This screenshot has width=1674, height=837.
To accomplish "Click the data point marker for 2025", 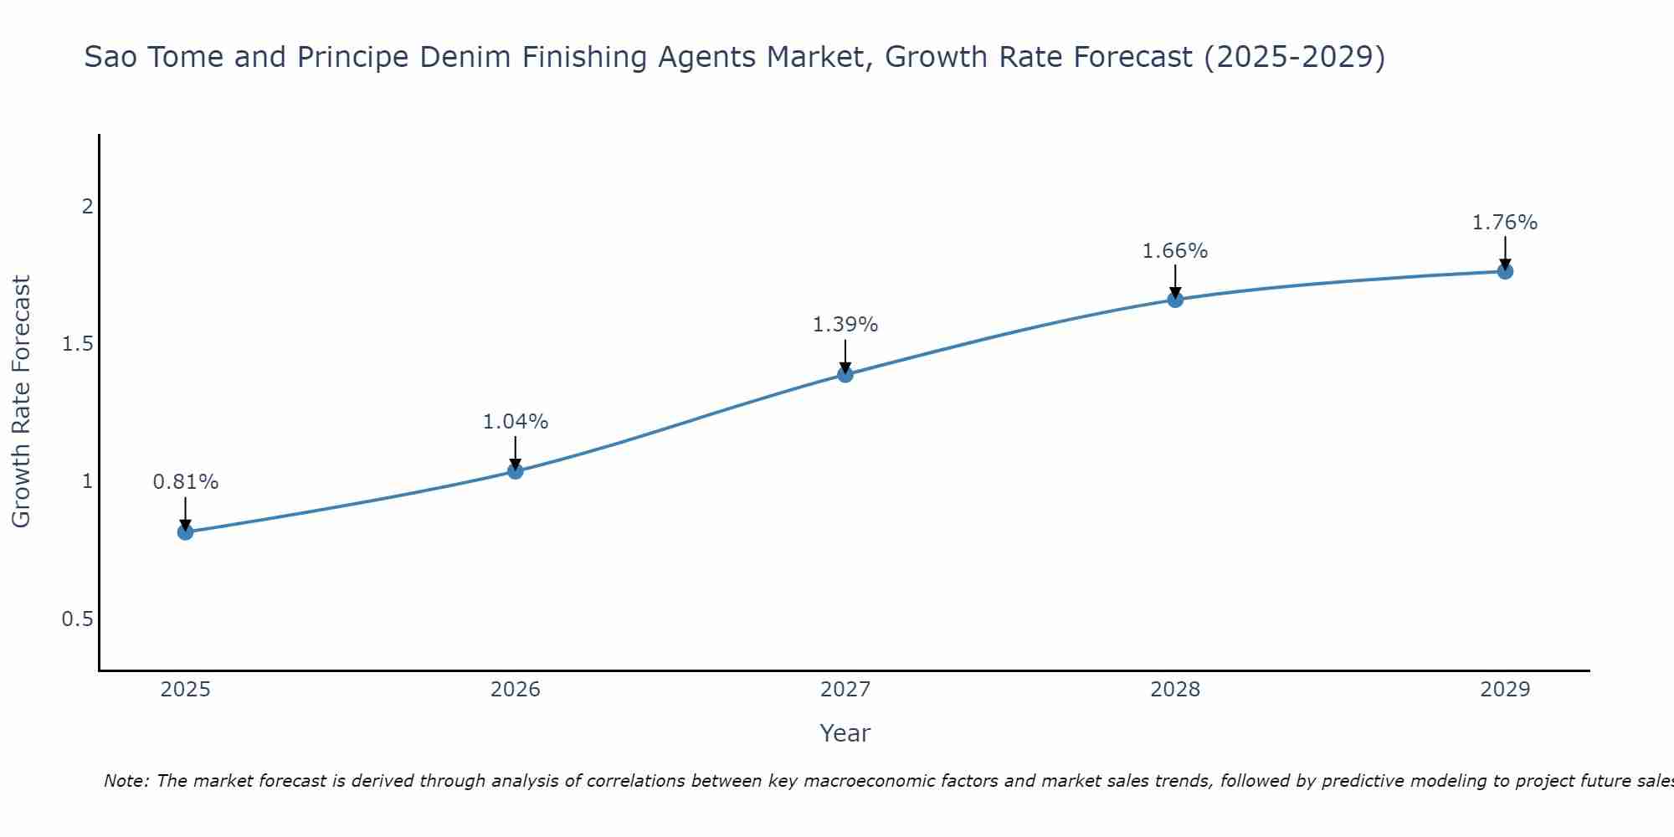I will tap(186, 531).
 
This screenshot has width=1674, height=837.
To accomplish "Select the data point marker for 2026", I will tap(516, 471).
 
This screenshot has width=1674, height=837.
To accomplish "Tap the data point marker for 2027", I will tap(845, 374).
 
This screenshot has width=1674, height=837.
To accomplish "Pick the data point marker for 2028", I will tap(1175, 300).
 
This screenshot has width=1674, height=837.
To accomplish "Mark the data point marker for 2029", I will tap(1505, 271).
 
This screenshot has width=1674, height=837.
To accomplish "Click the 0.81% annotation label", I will tap(186, 482).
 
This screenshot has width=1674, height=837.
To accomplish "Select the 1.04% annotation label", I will tap(516, 422).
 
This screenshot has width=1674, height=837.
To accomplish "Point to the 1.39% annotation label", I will tap(845, 325).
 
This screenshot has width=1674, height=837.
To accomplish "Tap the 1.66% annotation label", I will tap(1175, 251).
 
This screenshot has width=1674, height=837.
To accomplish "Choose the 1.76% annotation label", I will tap(1505, 223).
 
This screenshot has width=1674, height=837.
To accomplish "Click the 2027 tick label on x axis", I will tap(845, 690).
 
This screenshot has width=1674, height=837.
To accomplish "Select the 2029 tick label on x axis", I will tap(1505, 690).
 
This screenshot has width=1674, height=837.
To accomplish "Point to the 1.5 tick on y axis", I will tap(78, 344).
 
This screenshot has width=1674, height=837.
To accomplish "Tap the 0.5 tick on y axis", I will tap(78, 619).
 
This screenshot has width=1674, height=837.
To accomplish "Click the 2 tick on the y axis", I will tap(87, 206).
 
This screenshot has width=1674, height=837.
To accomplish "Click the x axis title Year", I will tap(845, 733).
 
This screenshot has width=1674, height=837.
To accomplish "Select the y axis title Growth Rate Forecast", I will tap(21, 402).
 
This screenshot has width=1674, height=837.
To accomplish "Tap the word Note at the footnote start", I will tap(126, 781).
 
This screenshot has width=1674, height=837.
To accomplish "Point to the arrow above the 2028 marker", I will tap(1175, 281).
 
